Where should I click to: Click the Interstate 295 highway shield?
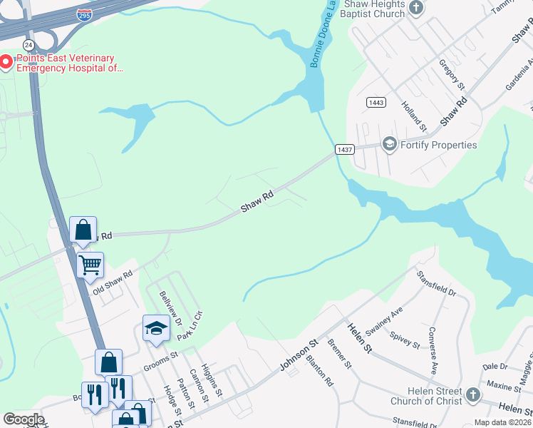pos(85,13)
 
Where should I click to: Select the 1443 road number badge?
pos(376,103)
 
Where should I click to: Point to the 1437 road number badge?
pos(345,149)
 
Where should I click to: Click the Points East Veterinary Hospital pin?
pos(6,63)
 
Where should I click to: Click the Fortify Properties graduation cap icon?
pos(389,145)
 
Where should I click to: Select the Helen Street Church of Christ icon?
pos(472,394)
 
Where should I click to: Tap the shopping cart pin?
pos(90,265)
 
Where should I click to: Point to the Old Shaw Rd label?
pos(113,282)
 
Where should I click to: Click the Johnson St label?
pos(298,355)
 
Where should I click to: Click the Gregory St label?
pos(452,75)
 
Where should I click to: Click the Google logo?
pos(24,419)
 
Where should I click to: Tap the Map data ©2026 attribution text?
pos(502,422)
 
